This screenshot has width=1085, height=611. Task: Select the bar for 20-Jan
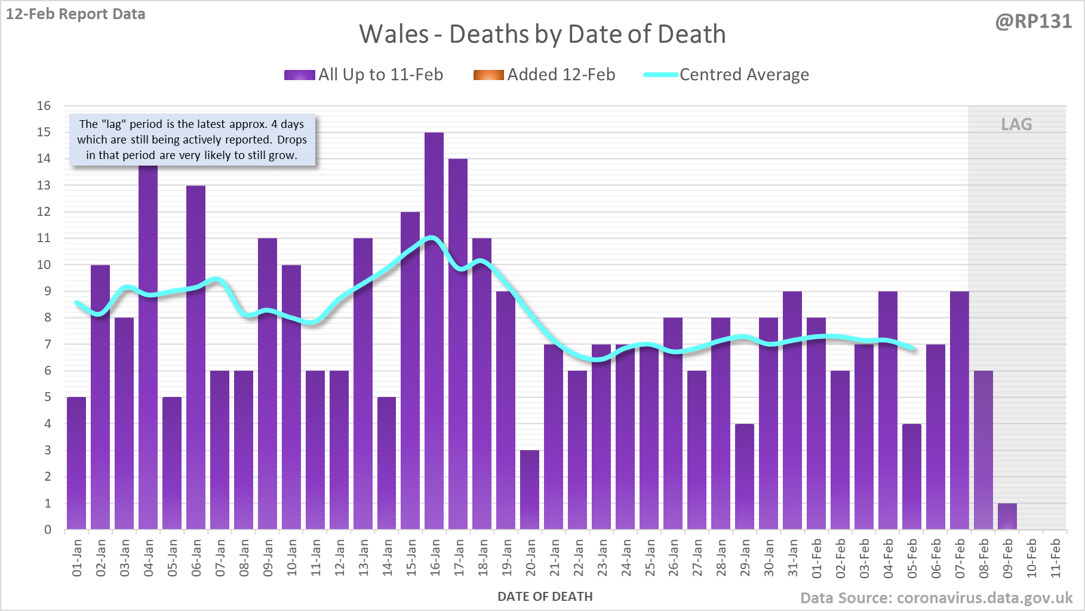click(530, 490)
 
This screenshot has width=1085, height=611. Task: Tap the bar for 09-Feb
click(1007, 517)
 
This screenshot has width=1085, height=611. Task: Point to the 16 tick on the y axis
click(44, 106)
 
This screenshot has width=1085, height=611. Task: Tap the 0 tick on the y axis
click(48, 530)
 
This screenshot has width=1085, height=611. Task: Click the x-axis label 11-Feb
click(1056, 558)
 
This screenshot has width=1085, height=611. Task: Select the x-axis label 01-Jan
click(77, 558)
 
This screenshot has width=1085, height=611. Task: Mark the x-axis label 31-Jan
click(793, 558)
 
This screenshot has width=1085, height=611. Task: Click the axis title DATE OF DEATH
click(545, 597)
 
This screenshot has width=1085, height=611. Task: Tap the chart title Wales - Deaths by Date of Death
click(542, 34)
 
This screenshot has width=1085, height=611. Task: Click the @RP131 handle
click(1033, 22)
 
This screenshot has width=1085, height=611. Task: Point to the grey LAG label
click(1016, 124)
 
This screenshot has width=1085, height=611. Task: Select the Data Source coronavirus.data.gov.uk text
click(936, 598)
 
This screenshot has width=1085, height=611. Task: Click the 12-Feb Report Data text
click(76, 14)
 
